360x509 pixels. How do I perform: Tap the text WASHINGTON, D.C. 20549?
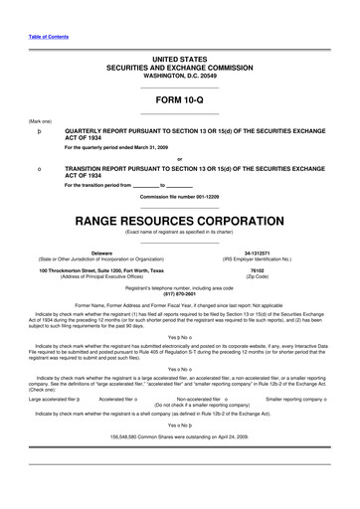pyautogui.click(x=179, y=76)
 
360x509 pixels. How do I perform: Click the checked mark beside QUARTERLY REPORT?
pyautogui.click(x=39, y=131)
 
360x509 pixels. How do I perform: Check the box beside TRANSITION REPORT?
pyautogui.click(x=39, y=169)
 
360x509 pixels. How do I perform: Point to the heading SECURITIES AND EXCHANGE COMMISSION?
pyautogui.click(x=179, y=68)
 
